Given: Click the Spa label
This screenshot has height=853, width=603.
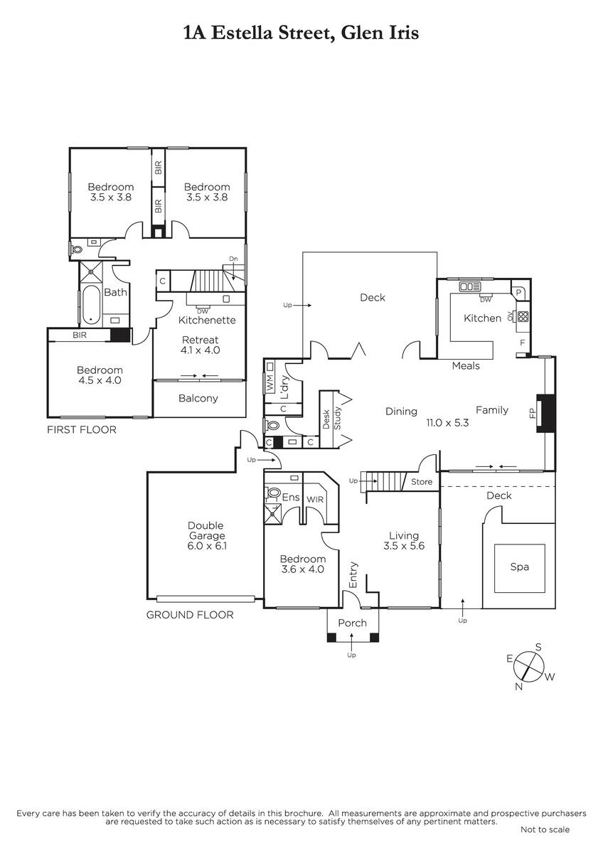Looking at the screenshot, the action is (519, 567).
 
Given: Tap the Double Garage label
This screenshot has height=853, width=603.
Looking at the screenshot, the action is (206, 531).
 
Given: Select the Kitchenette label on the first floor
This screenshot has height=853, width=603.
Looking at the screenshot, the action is (207, 320).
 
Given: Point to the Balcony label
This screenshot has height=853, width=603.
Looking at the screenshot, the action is (198, 398).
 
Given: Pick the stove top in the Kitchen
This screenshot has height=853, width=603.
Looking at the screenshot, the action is (523, 316).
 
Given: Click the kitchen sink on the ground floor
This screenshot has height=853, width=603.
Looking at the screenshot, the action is (470, 286).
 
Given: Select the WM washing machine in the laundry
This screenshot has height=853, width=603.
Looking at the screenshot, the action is (270, 377).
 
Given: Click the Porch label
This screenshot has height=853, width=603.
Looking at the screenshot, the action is (353, 623).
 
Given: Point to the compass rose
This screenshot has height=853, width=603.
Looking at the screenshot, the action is (528, 667).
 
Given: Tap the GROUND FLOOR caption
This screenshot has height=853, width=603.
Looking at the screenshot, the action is (190, 615).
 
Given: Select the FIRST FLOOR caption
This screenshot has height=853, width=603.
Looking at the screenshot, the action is (82, 430).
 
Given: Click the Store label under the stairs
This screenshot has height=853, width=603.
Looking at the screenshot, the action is (422, 482).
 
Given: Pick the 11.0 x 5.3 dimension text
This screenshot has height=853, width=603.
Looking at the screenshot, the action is (447, 423).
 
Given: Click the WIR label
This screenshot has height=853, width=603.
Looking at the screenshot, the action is (315, 500).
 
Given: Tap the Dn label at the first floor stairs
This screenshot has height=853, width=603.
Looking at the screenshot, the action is (233, 259).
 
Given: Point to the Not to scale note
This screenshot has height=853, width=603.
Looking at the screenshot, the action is (545, 830).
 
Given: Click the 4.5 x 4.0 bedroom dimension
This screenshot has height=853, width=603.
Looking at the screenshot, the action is (100, 380).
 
